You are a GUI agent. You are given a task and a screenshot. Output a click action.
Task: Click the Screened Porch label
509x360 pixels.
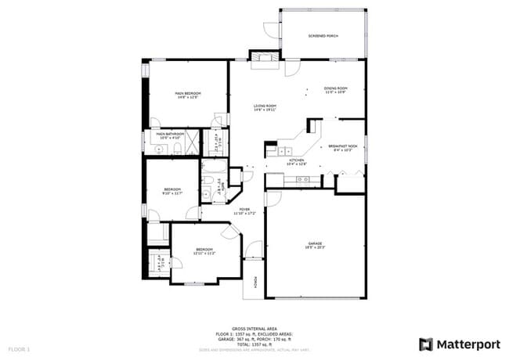coord(322,36)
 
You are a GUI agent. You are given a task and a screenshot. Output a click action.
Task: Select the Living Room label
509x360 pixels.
coord(265,106)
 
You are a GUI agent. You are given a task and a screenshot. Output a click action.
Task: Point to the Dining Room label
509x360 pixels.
coord(335,88)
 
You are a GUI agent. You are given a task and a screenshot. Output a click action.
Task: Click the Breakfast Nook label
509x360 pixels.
coord(343,146)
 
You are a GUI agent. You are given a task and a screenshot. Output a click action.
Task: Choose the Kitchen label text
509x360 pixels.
coord(296,160)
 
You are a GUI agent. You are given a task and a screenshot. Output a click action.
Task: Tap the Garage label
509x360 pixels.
coord(315,243)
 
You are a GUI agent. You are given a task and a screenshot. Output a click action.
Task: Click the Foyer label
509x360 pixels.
coord(244,210)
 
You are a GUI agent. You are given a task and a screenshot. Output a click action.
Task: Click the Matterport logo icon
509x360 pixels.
coord(426,344)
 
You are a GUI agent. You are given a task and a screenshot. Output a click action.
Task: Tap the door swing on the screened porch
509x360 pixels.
coord(270,30)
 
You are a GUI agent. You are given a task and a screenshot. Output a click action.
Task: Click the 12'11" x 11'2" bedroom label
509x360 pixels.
coord(204,254)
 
